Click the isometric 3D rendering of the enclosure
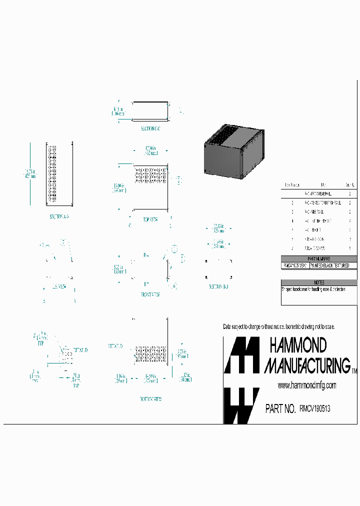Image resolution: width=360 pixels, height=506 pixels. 233,151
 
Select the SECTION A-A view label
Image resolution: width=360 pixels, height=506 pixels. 59,216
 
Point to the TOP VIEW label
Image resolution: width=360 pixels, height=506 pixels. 150,219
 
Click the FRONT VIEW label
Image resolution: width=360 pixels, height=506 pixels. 149,295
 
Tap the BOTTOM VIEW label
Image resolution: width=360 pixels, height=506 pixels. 150,399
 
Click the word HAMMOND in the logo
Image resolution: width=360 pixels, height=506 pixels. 298,345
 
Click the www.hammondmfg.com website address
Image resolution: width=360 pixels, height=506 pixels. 306,385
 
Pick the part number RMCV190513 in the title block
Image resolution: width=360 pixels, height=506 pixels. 314,409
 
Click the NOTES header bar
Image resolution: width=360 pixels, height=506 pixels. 319,282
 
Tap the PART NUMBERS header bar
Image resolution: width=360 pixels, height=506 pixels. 319,259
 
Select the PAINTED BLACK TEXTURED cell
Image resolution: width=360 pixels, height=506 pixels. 333,266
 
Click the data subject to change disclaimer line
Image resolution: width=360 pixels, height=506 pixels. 278,326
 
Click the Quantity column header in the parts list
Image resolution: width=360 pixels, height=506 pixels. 350,184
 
